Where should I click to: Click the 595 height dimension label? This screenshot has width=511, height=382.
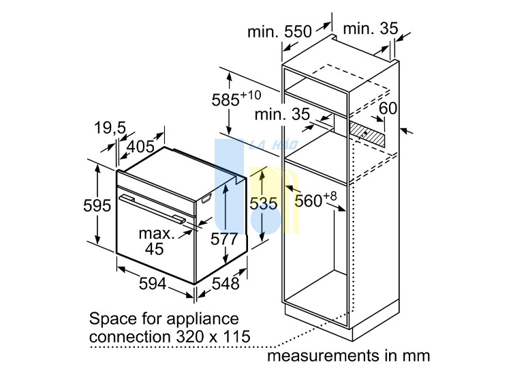point(97,205)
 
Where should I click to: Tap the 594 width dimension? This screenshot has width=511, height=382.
point(153,283)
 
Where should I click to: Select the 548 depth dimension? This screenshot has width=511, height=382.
point(226,283)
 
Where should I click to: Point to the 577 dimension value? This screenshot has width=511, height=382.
point(224,239)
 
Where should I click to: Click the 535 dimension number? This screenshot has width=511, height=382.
point(263,204)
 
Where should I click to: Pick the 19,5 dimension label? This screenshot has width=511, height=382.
point(110,128)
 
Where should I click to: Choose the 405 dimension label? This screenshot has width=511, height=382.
point(140,147)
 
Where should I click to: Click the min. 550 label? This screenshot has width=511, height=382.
point(279,31)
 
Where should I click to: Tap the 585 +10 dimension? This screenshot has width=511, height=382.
point(236,98)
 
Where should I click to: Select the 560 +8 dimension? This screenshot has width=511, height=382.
point(315,199)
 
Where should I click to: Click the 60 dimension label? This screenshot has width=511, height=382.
point(388,108)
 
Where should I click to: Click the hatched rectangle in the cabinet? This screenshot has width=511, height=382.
point(367,134)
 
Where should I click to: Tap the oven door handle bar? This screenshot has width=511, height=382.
point(152,209)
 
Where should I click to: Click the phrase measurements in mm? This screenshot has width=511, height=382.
point(348,355)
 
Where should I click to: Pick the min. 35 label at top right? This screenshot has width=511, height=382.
point(371,29)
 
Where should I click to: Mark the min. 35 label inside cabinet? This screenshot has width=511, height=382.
point(282,114)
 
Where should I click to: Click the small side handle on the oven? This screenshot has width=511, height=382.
point(207,198)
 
